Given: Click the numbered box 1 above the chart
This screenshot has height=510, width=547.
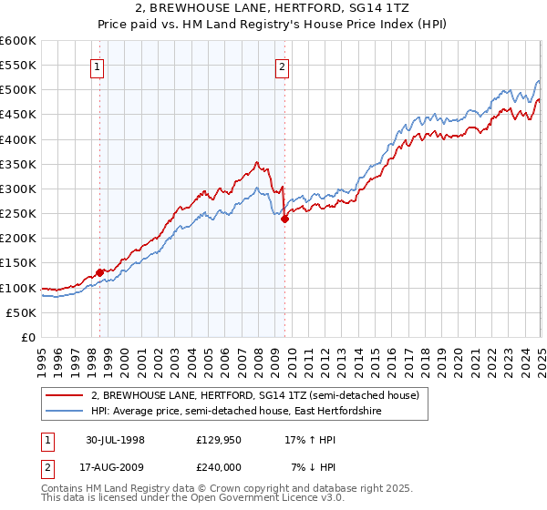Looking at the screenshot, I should coord(97,66).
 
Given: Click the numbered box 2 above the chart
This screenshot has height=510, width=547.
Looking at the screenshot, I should coord(283,66).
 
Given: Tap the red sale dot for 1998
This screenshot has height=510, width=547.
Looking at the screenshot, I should coord(99,272).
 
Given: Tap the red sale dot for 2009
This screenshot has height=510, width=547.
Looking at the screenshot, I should coord(284,219).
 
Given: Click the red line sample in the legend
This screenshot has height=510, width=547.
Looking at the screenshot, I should coord(65,396).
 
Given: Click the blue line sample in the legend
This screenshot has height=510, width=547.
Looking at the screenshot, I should coord(65,412).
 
